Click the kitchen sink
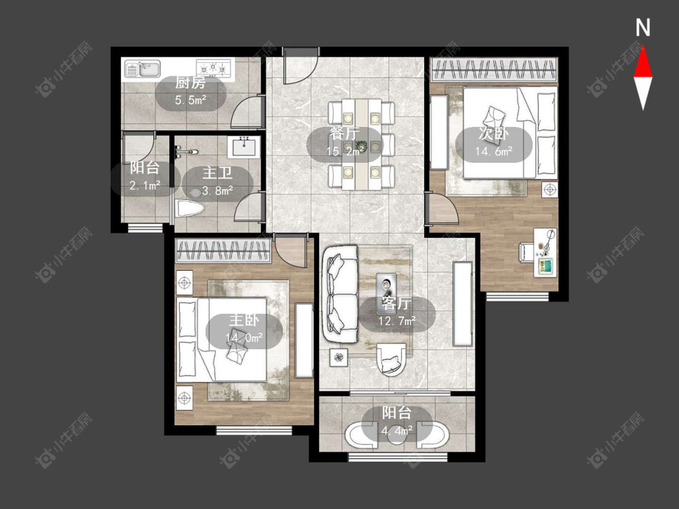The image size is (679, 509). coord(142,69)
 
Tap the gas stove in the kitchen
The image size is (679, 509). coord(212,68)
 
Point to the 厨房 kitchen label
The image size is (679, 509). coord(190,83)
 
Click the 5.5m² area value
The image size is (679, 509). coord(191,101)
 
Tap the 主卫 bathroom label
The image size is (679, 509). coord(217,172)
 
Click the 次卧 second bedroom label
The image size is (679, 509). coord(493,134)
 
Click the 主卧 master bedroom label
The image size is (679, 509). coord(244,320)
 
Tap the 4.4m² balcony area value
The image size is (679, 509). coord(397,431)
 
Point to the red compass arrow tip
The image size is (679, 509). coord(643,46)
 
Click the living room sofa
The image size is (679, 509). coord(340,294)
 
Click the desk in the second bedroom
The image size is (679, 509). coord(545,251)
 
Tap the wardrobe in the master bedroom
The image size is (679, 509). coord(223,251)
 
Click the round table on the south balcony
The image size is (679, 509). coord(397,435)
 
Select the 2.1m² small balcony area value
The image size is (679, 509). coord(145,186)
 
